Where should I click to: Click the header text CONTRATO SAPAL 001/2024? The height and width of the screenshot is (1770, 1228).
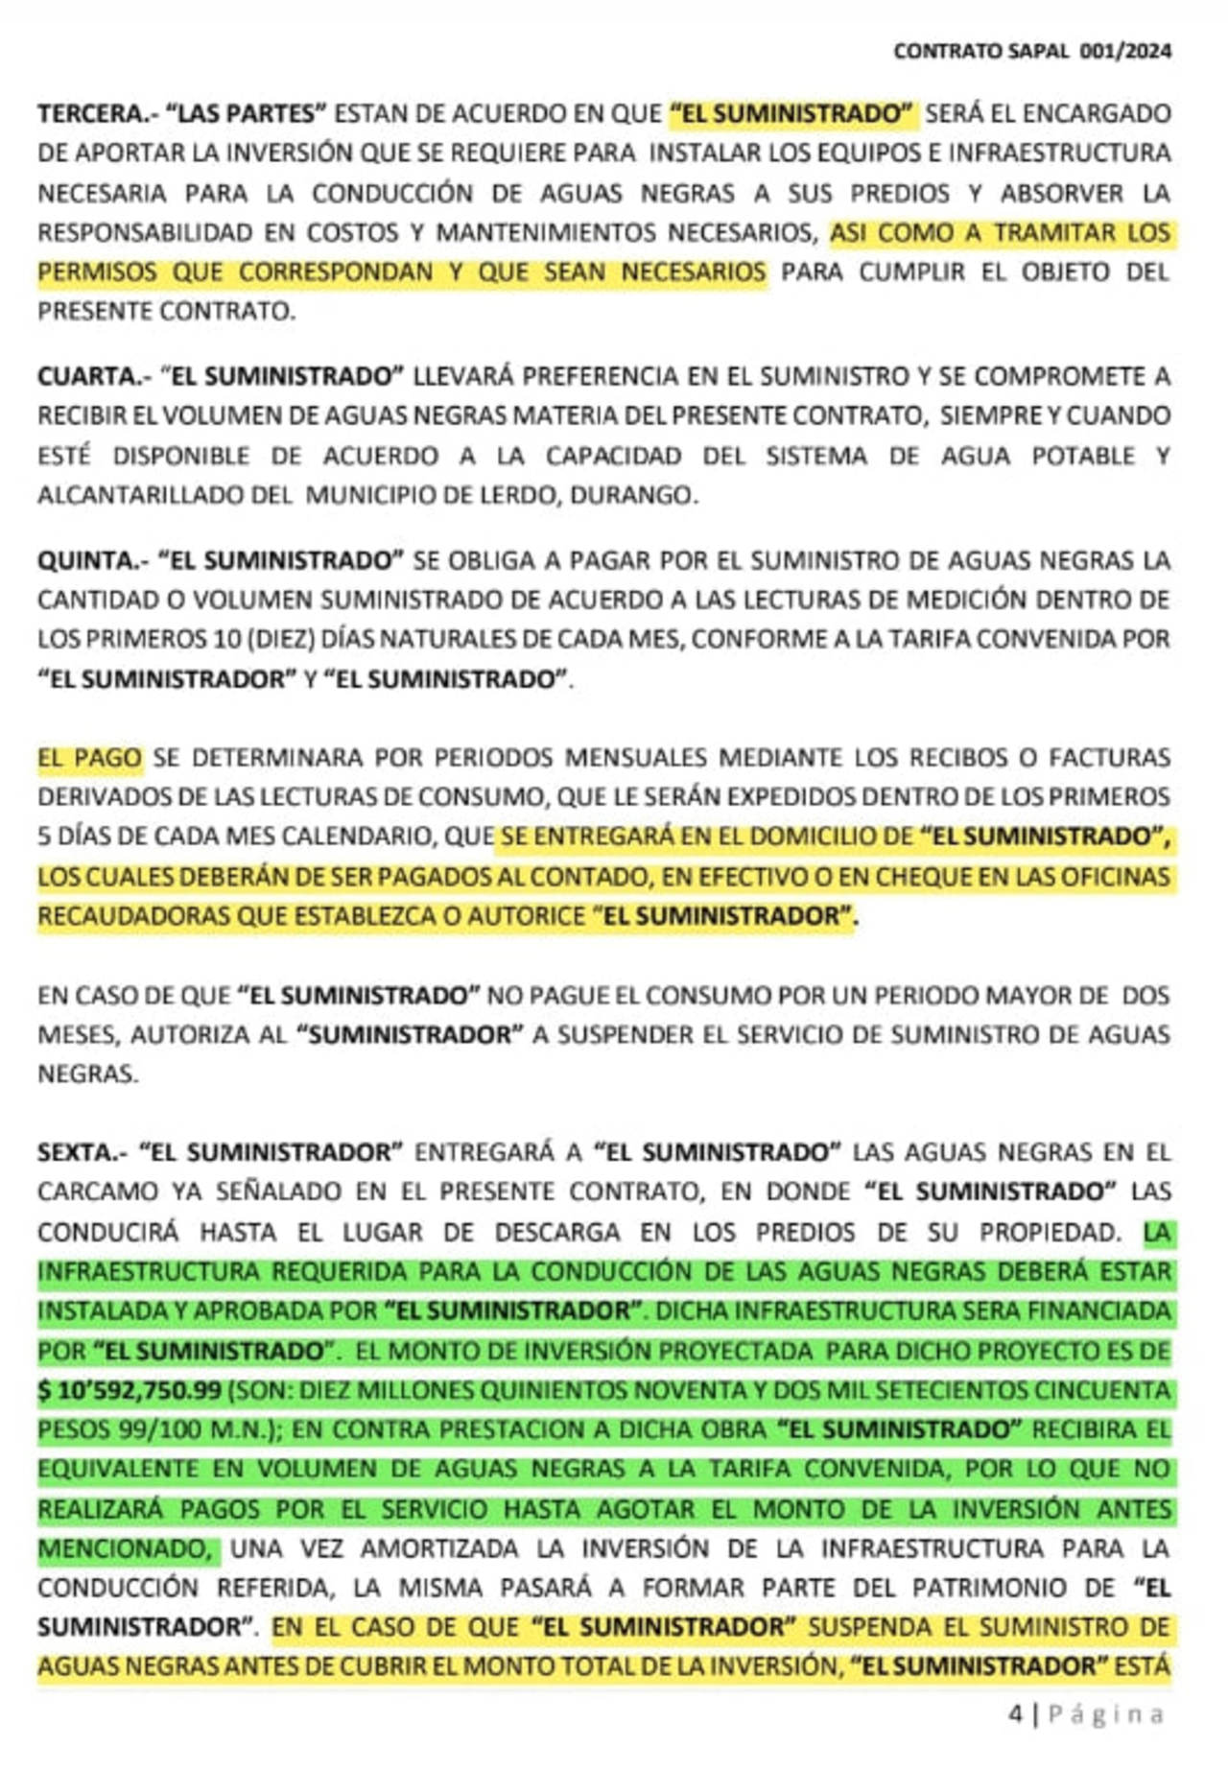[x=1032, y=51]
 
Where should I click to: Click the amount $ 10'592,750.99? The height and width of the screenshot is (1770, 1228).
[x=130, y=1390]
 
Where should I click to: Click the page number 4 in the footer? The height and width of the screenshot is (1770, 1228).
[x=1016, y=1714]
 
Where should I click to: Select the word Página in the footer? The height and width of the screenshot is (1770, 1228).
[x=1106, y=1714]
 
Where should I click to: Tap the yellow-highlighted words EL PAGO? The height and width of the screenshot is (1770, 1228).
[x=89, y=758]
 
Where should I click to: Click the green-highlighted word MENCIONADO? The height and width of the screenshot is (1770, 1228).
[x=125, y=1548]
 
